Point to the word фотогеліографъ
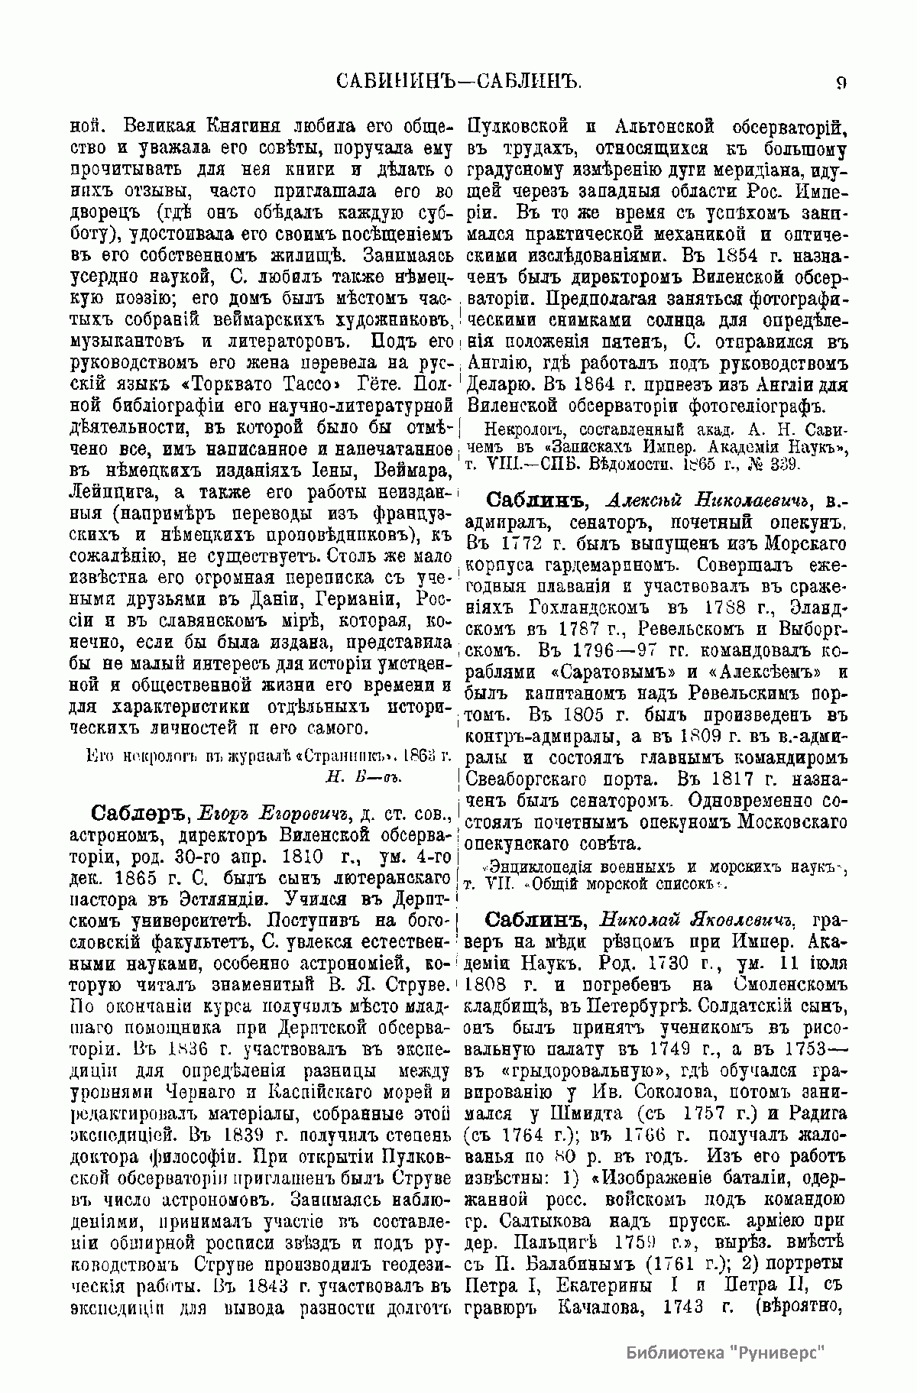pyautogui.click(x=758, y=402)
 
